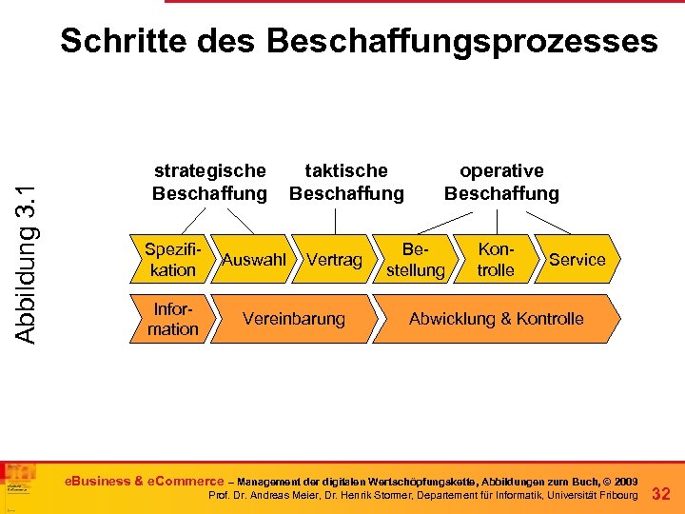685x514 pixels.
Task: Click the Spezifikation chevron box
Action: (x=171, y=260)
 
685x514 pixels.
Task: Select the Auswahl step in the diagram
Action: (x=253, y=260)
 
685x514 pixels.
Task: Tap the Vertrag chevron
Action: (x=334, y=260)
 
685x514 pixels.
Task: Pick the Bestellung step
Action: (x=415, y=260)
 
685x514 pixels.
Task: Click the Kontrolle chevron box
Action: (x=496, y=260)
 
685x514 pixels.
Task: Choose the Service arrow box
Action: (x=577, y=260)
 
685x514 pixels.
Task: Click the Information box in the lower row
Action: (x=172, y=319)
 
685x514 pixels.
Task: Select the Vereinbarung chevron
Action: (x=294, y=319)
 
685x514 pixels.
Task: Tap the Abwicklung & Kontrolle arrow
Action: (x=496, y=319)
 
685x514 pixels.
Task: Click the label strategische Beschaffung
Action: (x=210, y=182)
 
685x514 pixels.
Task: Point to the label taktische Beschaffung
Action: (x=346, y=182)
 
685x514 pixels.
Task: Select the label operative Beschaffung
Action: (x=501, y=182)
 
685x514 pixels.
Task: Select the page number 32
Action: (x=661, y=494)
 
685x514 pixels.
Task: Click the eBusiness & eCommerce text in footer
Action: (x=143, y=481)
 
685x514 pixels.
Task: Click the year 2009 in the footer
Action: (x=624, y=482)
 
